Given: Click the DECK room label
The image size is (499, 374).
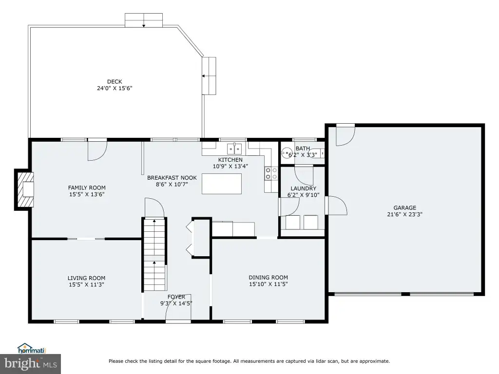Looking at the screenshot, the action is (115, 82).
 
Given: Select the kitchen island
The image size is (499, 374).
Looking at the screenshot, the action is (222, 184).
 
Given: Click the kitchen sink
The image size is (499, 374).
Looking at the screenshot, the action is (234, 149).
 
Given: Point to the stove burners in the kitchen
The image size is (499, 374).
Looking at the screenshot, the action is (271, 174).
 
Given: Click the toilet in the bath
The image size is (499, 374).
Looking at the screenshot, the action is (287, 152).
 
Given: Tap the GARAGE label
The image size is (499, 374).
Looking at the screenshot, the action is (405, 207).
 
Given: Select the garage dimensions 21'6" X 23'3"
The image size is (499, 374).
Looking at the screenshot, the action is (405, 214).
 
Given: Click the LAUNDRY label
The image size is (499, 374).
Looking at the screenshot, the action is (303, 188).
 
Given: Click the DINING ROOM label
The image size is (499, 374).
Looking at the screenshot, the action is (269, 277).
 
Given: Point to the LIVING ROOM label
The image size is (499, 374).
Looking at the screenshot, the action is (86, 278).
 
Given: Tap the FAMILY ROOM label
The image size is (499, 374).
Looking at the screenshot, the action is (87, 187).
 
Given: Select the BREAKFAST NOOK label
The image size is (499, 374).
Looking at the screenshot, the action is (172, 178).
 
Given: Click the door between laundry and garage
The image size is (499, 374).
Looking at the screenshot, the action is (336, 206).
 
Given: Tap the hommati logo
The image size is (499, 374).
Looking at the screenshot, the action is (32, 349).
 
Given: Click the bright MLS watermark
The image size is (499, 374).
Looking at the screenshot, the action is (31, 364).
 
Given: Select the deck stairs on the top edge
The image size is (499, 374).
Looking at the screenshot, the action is (144, 20).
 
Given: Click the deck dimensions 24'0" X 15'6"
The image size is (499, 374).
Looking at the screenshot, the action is (115, 88).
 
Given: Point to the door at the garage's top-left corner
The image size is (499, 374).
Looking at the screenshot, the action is (345, 135).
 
